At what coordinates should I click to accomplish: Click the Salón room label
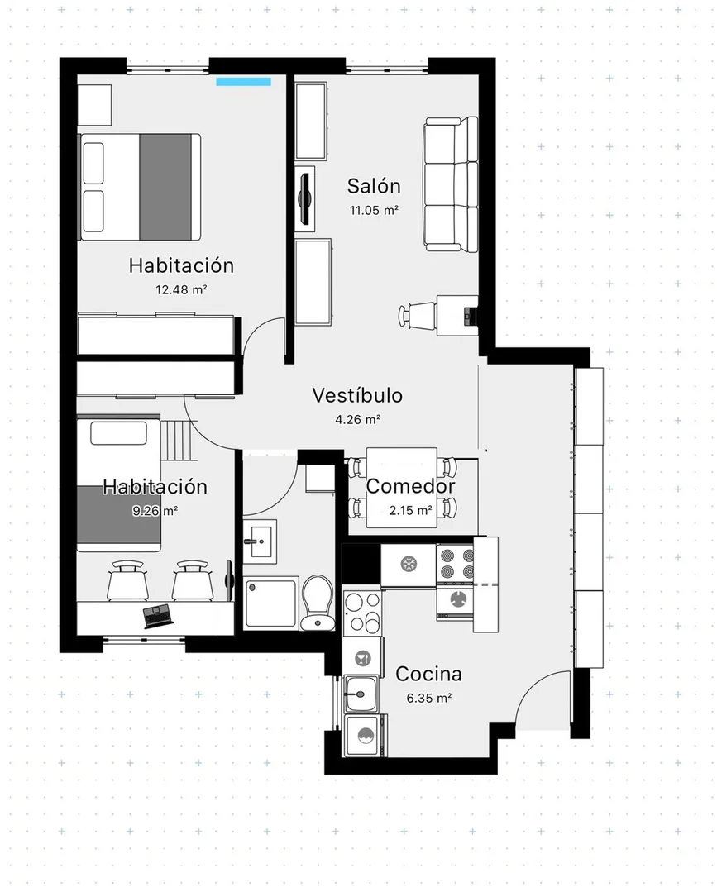point(374,186)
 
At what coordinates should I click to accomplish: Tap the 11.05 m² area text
point(374,210)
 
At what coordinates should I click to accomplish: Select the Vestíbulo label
point(357,395)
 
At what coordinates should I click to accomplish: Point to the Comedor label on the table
point(410,487)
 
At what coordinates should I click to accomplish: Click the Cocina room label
point(428,674)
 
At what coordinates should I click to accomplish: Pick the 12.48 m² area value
point(181,289)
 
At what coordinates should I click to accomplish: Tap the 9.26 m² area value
point(155,510)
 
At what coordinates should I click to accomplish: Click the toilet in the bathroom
point(316,602)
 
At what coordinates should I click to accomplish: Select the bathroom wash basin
point(263,541)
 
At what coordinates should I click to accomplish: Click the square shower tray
point(271,603)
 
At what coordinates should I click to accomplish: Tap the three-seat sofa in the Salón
point(451,184)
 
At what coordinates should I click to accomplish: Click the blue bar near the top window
point(244,81)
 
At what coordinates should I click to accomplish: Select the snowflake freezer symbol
point(408,563)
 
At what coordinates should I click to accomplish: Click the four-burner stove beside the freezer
point(454,563)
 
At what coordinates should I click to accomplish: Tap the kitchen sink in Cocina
point(361,693)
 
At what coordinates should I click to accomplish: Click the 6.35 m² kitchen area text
point(428,698)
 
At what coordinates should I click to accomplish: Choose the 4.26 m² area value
point(357,419)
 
